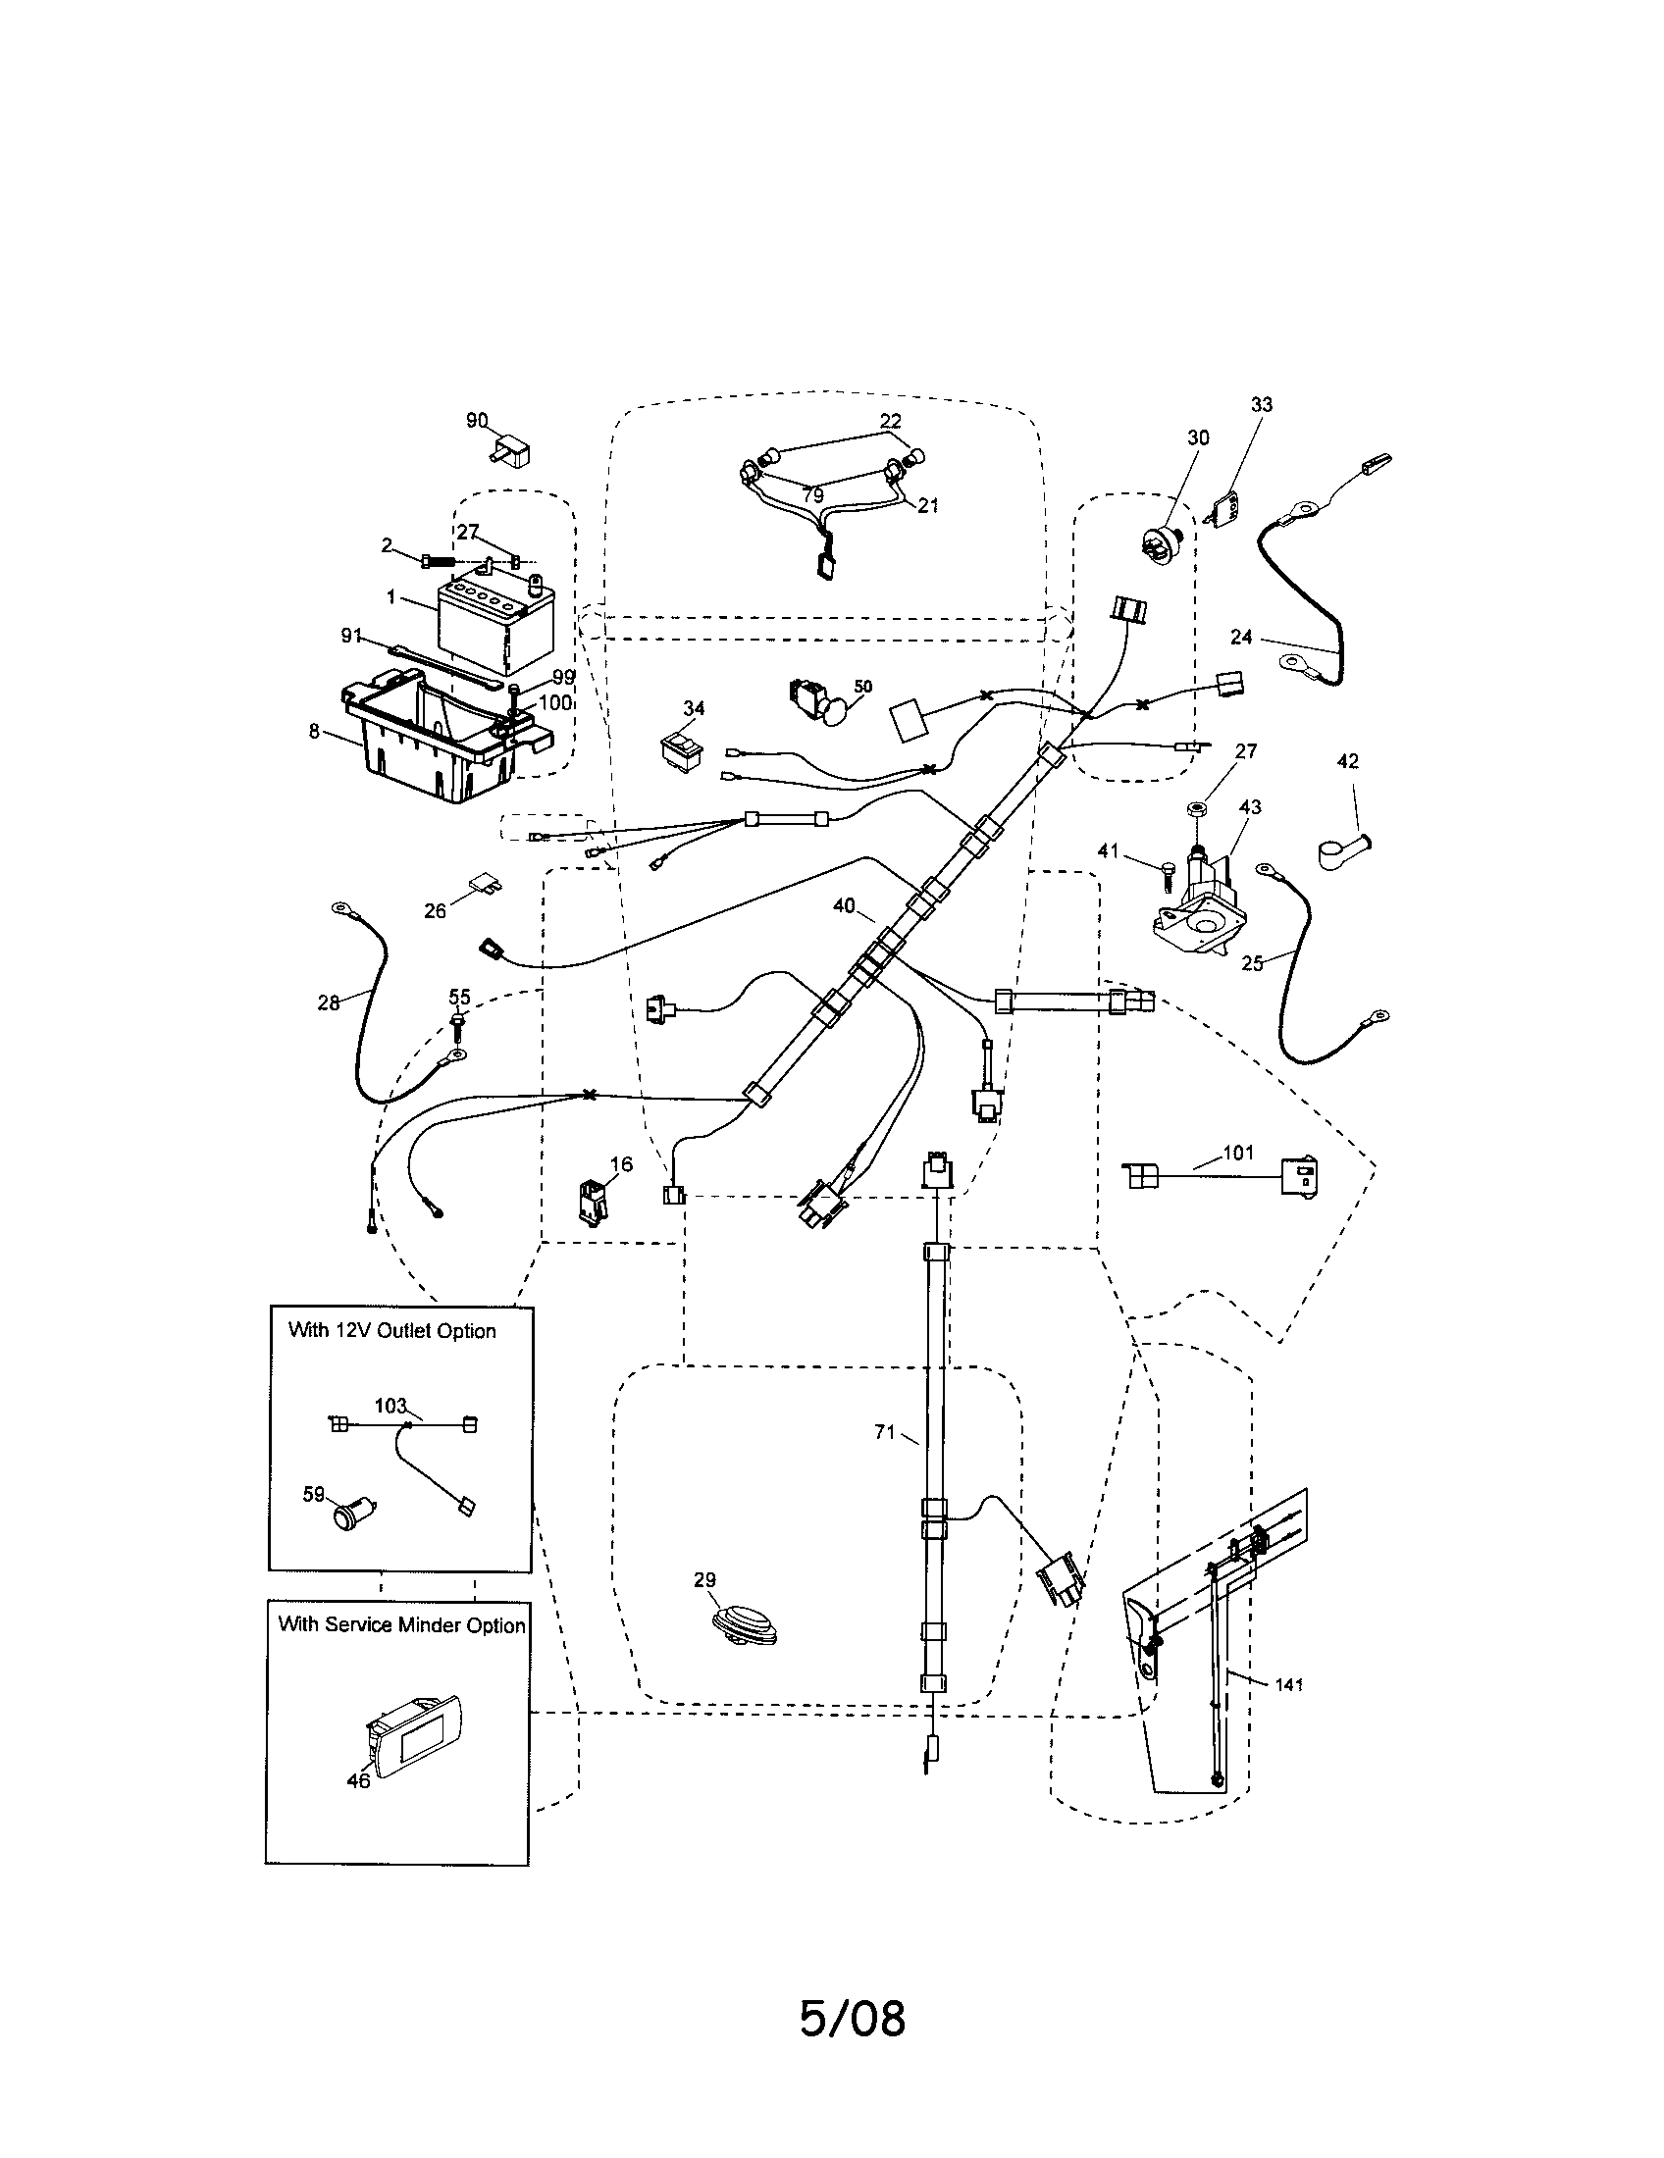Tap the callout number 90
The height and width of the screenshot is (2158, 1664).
click(x=477, y=422)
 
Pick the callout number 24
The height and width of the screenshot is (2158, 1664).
click(x=1242, y=638)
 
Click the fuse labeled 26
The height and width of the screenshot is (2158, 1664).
click(x=485, y=882)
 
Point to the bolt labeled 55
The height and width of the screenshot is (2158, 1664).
click(x=459, y=1025)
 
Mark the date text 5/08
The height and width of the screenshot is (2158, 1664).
click(x=852, y=2020)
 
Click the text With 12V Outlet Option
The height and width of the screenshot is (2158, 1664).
click(x=391, y=1331)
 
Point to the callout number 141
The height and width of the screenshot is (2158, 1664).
click(x=1289, y=1684)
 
